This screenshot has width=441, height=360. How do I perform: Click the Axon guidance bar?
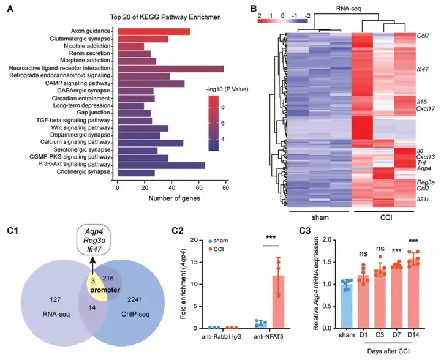click(x=154, y=31)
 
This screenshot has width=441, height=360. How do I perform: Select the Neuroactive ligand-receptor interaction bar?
click(x=171, y=68)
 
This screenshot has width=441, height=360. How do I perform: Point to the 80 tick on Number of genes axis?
click(x=226, y=189)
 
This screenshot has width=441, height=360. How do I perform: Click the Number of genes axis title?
click(x=171, y=199)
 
